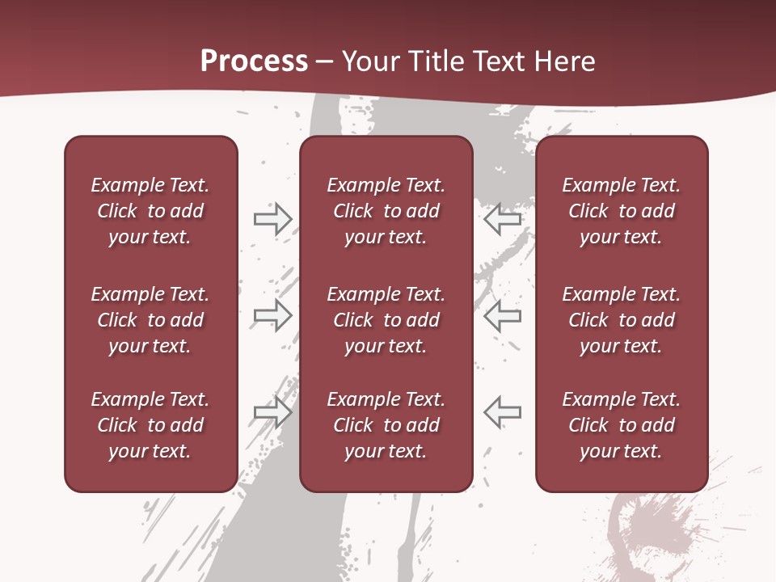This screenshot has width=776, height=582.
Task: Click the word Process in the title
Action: (x=254, y=61)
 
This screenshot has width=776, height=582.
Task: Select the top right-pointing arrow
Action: (x=273, y=218)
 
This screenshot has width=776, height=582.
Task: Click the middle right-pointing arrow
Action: (x=273, y=315)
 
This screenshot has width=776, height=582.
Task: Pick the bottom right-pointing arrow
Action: (x=273, y=411)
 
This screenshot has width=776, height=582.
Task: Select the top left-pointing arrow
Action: (x=502, y=218)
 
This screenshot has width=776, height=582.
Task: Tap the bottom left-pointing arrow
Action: (x=502, y=411)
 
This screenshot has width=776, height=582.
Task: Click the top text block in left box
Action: (x=150, y=211)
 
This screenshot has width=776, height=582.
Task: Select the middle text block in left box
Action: (x=150, y=320)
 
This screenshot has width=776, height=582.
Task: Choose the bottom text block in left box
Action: (x=150, y=425)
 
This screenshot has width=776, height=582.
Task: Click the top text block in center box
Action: (x=386, y=211)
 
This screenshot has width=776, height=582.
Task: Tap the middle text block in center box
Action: (x=386, y=320)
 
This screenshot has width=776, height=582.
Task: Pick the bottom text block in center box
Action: (x=386, y=425)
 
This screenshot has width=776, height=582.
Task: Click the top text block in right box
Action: (x=622, y=211)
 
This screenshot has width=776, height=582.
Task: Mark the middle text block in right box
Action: (x=622, y=320)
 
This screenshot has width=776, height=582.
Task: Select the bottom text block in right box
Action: (x=622, y=425)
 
